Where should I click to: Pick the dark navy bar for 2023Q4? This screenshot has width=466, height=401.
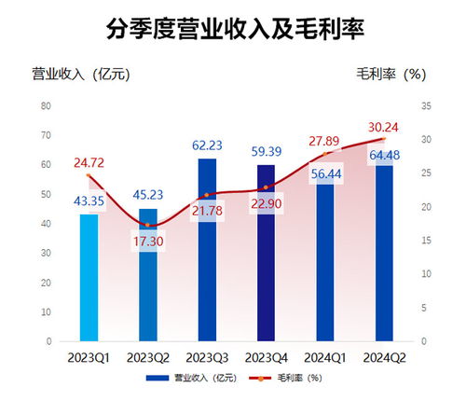(266, 270)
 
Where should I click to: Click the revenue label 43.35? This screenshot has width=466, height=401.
(89, 201)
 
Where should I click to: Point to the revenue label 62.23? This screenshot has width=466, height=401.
(207, 145)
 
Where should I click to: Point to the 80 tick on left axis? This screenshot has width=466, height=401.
(46, 106)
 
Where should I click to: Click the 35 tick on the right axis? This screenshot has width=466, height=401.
(426, 106)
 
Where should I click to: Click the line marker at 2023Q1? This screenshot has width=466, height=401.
(89, 175)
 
